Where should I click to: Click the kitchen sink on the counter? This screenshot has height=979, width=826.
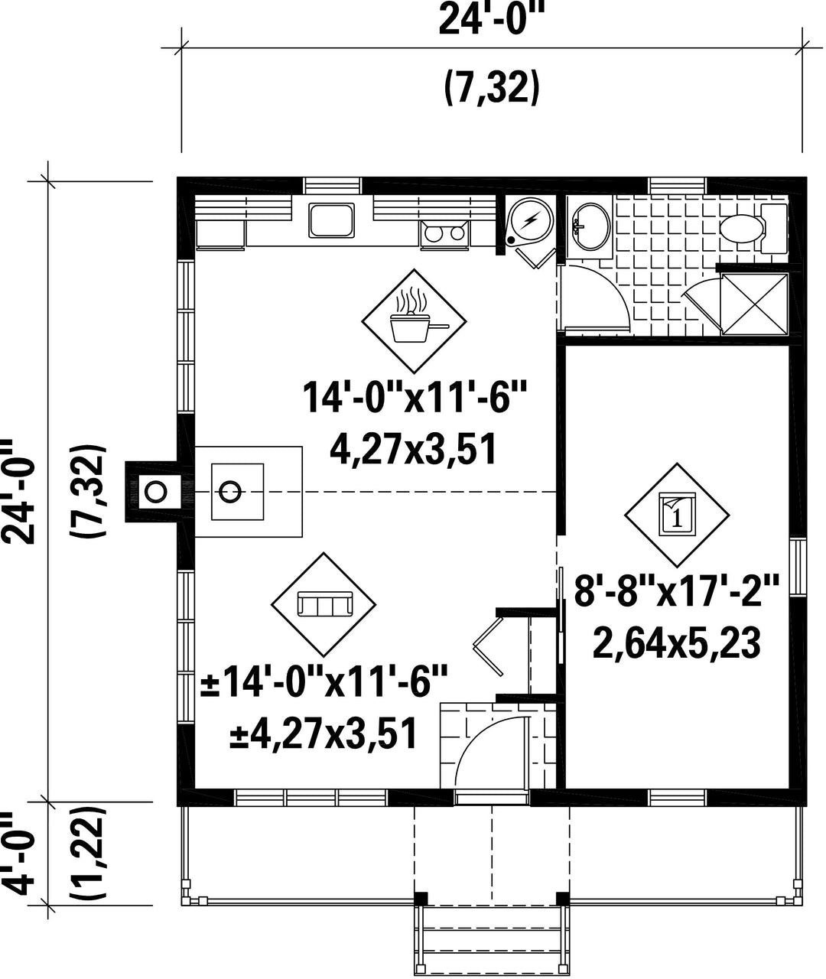331,220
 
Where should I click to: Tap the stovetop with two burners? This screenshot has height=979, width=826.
444,233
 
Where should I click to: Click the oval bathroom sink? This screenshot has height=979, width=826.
592,226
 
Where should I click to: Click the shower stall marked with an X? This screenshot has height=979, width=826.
755,304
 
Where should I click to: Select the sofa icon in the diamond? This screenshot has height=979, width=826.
325,604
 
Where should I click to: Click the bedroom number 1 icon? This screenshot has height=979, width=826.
677,514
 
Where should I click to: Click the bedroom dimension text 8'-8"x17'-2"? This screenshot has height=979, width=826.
677,590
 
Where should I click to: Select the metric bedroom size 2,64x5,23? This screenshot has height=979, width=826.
677,644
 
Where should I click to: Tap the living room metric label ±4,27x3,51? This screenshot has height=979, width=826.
324,733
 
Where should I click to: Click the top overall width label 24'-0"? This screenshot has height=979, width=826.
493,20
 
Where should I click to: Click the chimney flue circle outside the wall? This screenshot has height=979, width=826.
155,492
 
